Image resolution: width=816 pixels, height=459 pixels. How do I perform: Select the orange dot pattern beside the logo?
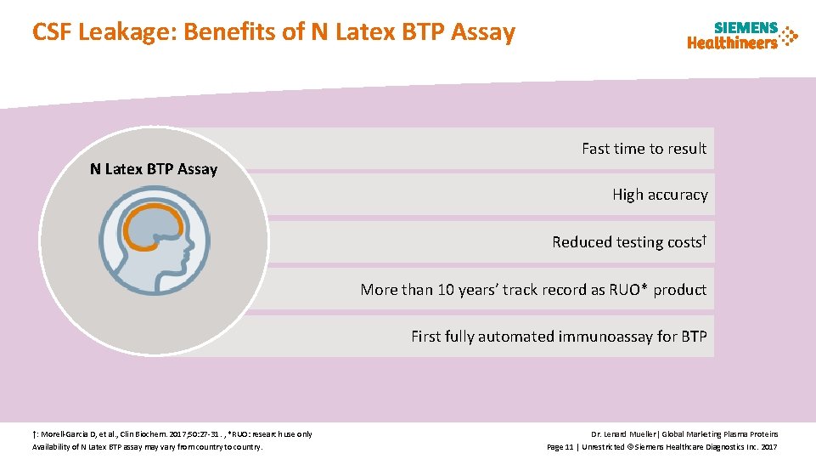789,37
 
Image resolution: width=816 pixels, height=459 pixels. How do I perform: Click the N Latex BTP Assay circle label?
154,169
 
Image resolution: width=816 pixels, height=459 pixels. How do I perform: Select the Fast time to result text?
644,149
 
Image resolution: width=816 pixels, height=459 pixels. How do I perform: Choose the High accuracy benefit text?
660,195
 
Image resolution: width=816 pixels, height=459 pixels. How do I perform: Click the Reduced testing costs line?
627,242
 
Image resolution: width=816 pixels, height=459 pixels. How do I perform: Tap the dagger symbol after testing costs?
704,238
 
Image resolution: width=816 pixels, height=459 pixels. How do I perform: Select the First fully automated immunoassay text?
559,337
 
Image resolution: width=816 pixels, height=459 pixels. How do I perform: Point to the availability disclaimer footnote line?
147,446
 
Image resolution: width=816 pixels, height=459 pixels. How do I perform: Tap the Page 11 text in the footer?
560,446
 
